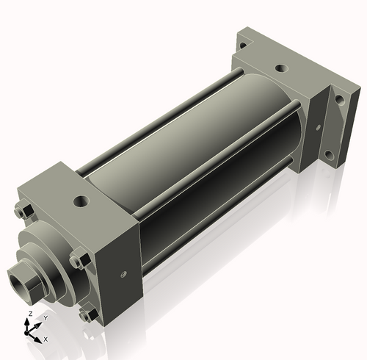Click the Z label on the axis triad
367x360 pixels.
(x=29, y=314)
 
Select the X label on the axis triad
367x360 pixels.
(x=46, y=339)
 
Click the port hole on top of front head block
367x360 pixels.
(x=80, y=200)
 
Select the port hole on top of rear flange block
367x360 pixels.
(x=280, y=68)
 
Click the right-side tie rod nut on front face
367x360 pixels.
(x=79, y=260)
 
